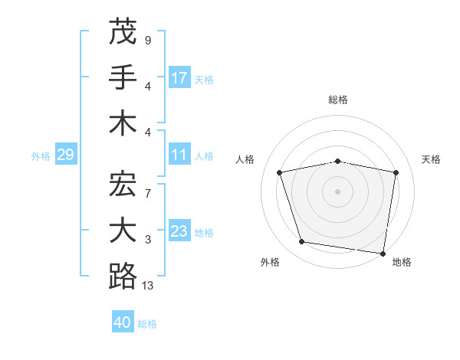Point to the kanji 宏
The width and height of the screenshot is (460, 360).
123,184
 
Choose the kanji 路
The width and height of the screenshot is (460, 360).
123,276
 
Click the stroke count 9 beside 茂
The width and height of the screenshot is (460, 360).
148,39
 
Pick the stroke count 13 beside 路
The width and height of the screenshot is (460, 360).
148,286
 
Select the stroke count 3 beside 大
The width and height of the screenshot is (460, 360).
148,240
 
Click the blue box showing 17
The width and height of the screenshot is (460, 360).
179,78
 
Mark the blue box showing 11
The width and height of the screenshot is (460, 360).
179,155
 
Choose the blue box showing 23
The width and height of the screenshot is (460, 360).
179,232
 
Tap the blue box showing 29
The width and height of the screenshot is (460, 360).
65,155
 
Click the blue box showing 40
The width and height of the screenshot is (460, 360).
123,323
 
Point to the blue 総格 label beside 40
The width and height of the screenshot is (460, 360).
148,324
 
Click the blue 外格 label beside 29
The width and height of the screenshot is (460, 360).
41,156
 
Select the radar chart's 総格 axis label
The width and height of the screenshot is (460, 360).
338,100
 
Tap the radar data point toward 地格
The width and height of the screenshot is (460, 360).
383,253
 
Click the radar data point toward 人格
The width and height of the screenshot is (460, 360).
280,172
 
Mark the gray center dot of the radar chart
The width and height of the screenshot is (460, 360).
338,191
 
